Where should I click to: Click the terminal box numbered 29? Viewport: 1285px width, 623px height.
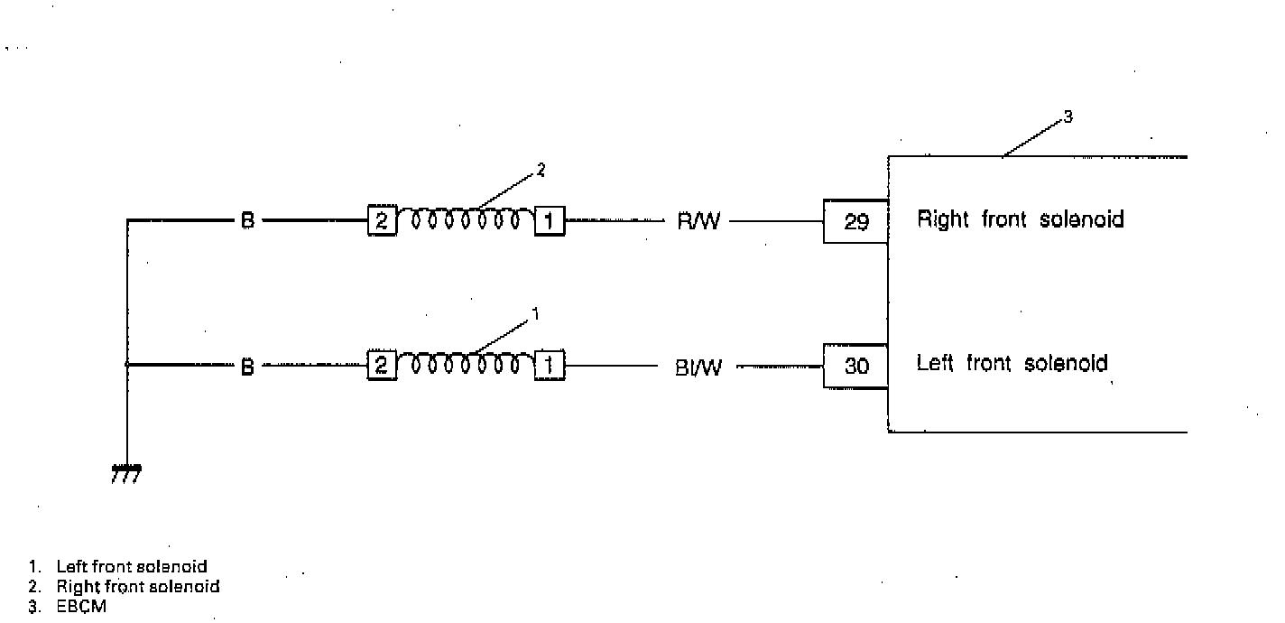coord(855,221)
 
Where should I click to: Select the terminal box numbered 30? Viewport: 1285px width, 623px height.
coord(855,367)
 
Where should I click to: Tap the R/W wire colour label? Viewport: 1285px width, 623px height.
coord(699,221)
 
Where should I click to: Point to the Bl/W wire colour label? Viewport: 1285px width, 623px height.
coord(698,367)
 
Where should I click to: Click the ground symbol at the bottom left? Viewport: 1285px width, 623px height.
coord(126,473)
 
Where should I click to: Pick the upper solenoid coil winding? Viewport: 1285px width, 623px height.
coord(466,219)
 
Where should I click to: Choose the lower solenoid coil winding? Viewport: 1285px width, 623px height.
coord(466,364)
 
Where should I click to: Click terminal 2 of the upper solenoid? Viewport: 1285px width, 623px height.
coord(382,221)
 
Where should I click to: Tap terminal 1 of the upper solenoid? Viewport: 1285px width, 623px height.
coord(550,221)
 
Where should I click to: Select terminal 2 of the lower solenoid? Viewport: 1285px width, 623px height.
coord(382,366)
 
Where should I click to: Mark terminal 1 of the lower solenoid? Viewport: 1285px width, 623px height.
coord(550,366)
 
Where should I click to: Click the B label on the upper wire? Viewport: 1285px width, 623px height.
coord(246,221)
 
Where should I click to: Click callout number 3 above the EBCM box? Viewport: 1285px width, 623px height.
coord(1068,116)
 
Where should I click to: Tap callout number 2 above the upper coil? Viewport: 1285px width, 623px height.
coord(541,169)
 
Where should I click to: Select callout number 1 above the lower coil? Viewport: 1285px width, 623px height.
coord(535,314)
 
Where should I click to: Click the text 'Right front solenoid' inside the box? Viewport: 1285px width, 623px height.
coord(1021,219)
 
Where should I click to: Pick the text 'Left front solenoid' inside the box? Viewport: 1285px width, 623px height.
coord(1012,364)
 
